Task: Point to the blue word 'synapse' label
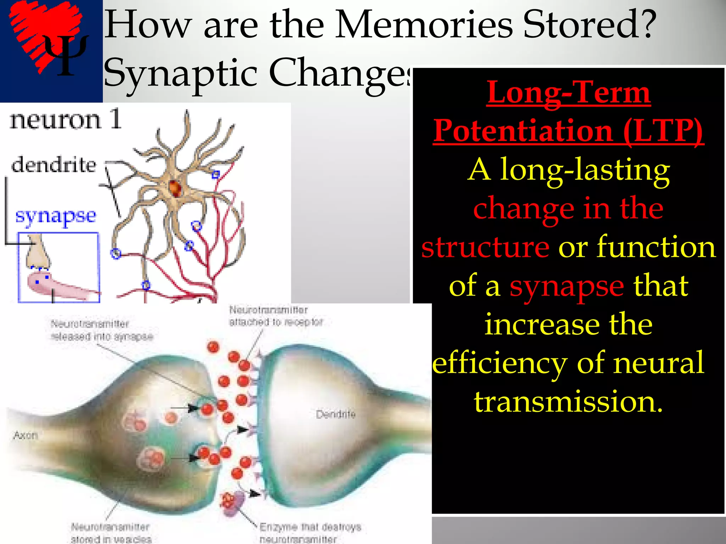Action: coord(56,215)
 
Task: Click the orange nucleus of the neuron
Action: coord(175,188)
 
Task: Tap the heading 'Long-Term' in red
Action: coord(569,93)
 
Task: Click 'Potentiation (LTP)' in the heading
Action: coord(569,131)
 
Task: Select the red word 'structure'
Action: coord(485,247)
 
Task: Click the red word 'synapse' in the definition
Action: coord(566,286)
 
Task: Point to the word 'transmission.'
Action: coord(568,402)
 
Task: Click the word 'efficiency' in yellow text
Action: coord(499,363)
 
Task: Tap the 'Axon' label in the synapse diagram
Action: coord(26,435)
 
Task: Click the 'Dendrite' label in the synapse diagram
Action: coord(335,414)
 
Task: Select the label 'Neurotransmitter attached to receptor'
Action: coord(276,316)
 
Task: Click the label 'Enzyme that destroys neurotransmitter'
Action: coord(310,533)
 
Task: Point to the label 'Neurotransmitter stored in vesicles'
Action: coord(111,533)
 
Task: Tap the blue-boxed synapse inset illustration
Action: coord(59,268)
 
